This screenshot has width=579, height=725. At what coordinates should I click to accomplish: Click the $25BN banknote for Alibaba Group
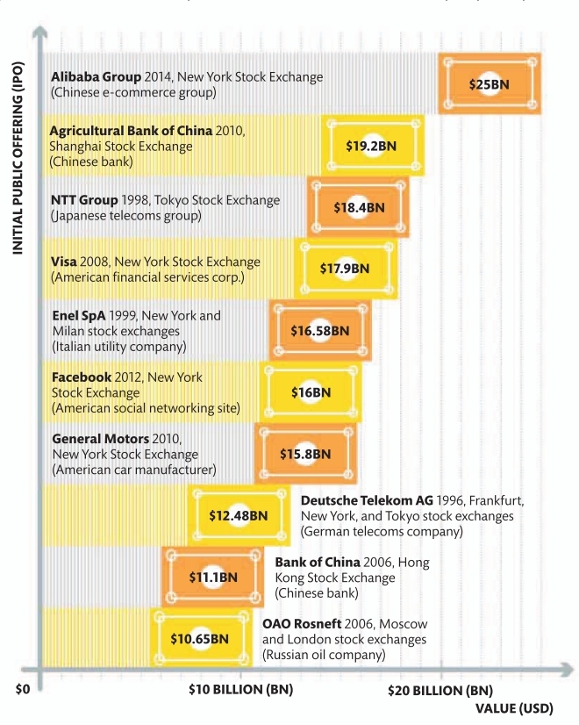[490, 83]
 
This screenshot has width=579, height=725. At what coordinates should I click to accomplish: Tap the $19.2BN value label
[372, 145]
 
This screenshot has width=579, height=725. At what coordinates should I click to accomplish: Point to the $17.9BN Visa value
[345, 269]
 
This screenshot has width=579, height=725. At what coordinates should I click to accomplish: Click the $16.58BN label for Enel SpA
[320, 331]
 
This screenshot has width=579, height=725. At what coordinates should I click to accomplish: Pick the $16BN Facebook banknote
[311, 392]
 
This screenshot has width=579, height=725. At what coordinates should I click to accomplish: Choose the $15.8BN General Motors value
[305, 454]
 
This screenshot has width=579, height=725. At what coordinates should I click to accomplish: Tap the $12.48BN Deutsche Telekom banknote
[238, 515]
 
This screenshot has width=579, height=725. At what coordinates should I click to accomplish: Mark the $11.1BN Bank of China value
[213, 577]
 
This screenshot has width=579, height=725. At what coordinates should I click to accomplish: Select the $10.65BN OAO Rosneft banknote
[200, 638]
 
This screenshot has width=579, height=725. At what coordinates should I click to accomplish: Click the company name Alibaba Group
[91, 77]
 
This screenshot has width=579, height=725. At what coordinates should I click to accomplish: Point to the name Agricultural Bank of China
[131, 131]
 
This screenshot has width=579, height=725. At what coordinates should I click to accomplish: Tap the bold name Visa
[64, 262]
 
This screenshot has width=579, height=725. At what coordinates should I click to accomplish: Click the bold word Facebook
[82, 377]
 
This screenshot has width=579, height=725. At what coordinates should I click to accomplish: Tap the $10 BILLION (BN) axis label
[240, 690]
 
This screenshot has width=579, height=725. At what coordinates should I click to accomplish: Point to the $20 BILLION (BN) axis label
[440, 691]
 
